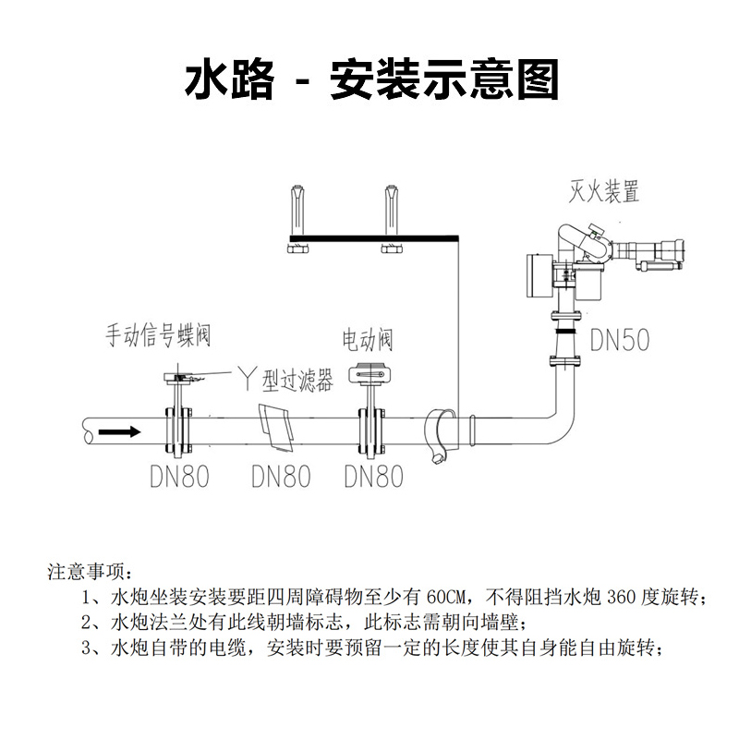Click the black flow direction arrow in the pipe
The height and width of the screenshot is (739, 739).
click(120, 431)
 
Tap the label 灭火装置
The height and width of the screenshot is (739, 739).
click(604, 192)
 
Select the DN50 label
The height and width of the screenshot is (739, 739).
click(618, 341)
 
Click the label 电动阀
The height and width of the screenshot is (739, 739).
click(367, 340)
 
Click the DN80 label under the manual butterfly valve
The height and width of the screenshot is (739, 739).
click(179, 477)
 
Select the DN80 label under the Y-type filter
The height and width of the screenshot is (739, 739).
click(281, 477)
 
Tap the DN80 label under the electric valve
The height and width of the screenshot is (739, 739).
click(373, 477)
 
